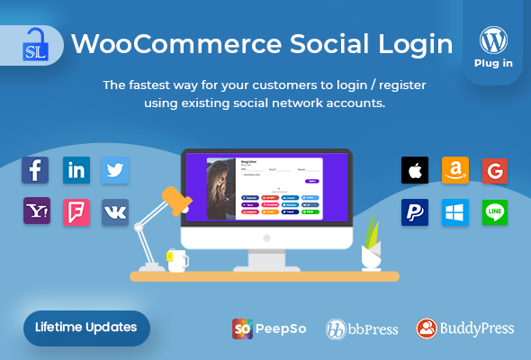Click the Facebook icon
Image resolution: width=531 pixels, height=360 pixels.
pyautogui.click(x=36, y=169)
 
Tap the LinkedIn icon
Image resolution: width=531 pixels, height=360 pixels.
pyautogui.click(x=76, y=169)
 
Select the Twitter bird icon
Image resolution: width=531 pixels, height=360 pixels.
pyautogui.click(x=115, y=169)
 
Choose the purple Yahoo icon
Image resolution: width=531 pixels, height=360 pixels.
pyautogui.click(x=36, y=211)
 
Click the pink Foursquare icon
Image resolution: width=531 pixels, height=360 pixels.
pyautogui.click(x=76, y=211)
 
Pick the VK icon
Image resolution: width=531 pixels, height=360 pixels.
pyautogui.click(x=115, y=211)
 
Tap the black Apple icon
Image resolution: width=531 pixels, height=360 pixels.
pyautogui.click(x=415, y=170)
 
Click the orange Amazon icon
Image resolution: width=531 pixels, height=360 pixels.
pyautogui.click(x=455, y=170)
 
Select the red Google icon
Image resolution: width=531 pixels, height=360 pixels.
pyautogui.click(x=495, y=170)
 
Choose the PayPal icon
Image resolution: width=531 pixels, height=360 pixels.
pyautogui.click(x=415, y=211)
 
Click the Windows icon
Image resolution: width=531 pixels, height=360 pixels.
pyautogui.click(x=455, y=211)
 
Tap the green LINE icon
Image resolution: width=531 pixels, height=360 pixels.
pyautogui.click(x=495, y=211)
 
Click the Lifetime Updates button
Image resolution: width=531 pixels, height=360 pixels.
pyautogui.click(x=86, y=327)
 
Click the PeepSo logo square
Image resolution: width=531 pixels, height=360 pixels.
pyautogui.click(x=242, y=328)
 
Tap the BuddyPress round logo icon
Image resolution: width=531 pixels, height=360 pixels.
pyautogui.click(x=427, y=328)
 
